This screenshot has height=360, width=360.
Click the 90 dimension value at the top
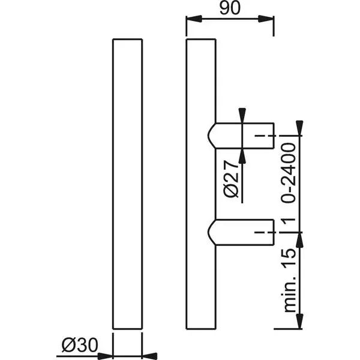[x=231, y=8]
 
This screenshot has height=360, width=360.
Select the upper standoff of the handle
[x=243, y=136]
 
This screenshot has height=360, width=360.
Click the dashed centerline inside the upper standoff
[x=262, y=137]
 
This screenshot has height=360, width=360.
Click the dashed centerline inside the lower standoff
[x=262, y=231]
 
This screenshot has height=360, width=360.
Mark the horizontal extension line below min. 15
[x=288, y=328]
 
